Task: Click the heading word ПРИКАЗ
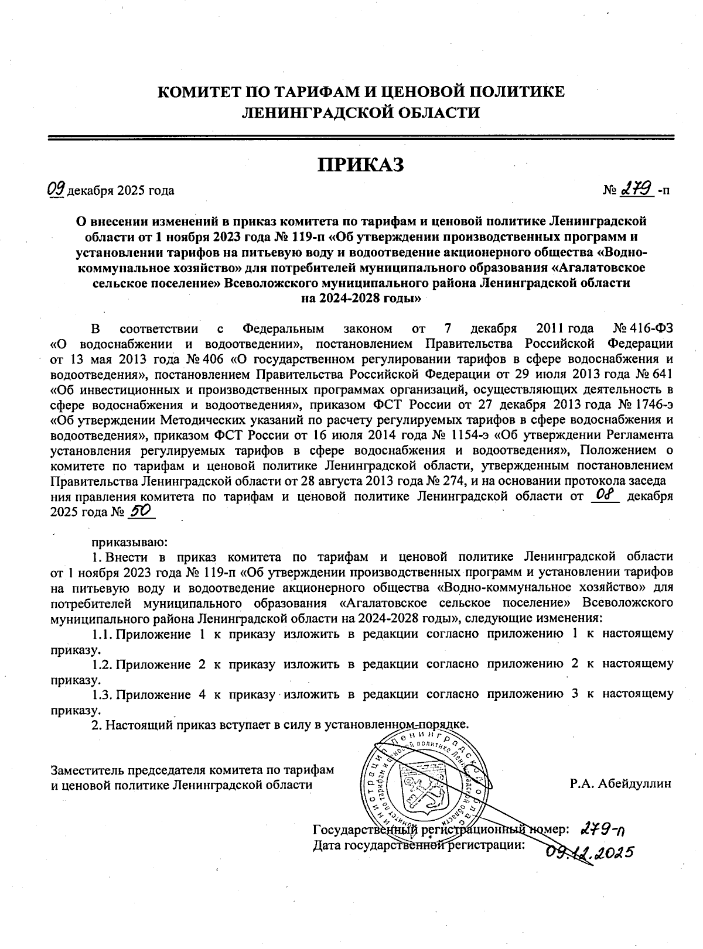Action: (x=361, y=165)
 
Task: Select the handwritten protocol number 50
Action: (x=139, y=511)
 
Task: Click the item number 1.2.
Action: (x=102, y=664)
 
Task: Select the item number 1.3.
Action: (x=102, y=694)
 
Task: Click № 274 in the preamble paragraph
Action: (x=445, y=481)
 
